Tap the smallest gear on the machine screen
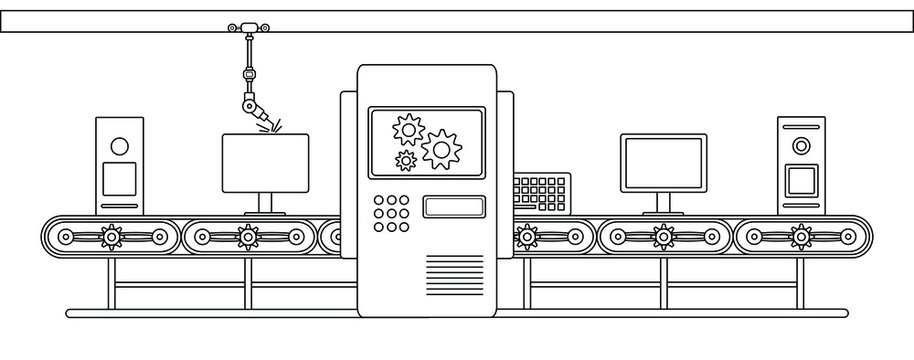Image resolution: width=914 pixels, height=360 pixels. (405, 160)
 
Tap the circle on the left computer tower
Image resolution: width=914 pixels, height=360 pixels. (119, 145)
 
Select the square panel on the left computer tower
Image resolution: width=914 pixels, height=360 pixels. (119, 179)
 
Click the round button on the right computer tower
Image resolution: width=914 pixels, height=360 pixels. (800, 146)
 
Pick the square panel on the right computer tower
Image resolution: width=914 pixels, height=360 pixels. (800, 180)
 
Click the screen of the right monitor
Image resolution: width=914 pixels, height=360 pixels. (663, 162)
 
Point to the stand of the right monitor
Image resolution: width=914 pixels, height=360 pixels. (663, 203)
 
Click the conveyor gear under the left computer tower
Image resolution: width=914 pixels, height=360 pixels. (111, 237)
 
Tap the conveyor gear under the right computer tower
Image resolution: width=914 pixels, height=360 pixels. (800, 237)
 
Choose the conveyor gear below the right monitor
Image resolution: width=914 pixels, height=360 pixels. (663, 237)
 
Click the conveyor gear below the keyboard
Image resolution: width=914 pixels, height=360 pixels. (526, 237)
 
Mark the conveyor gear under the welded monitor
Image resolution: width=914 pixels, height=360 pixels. (248, 237)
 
